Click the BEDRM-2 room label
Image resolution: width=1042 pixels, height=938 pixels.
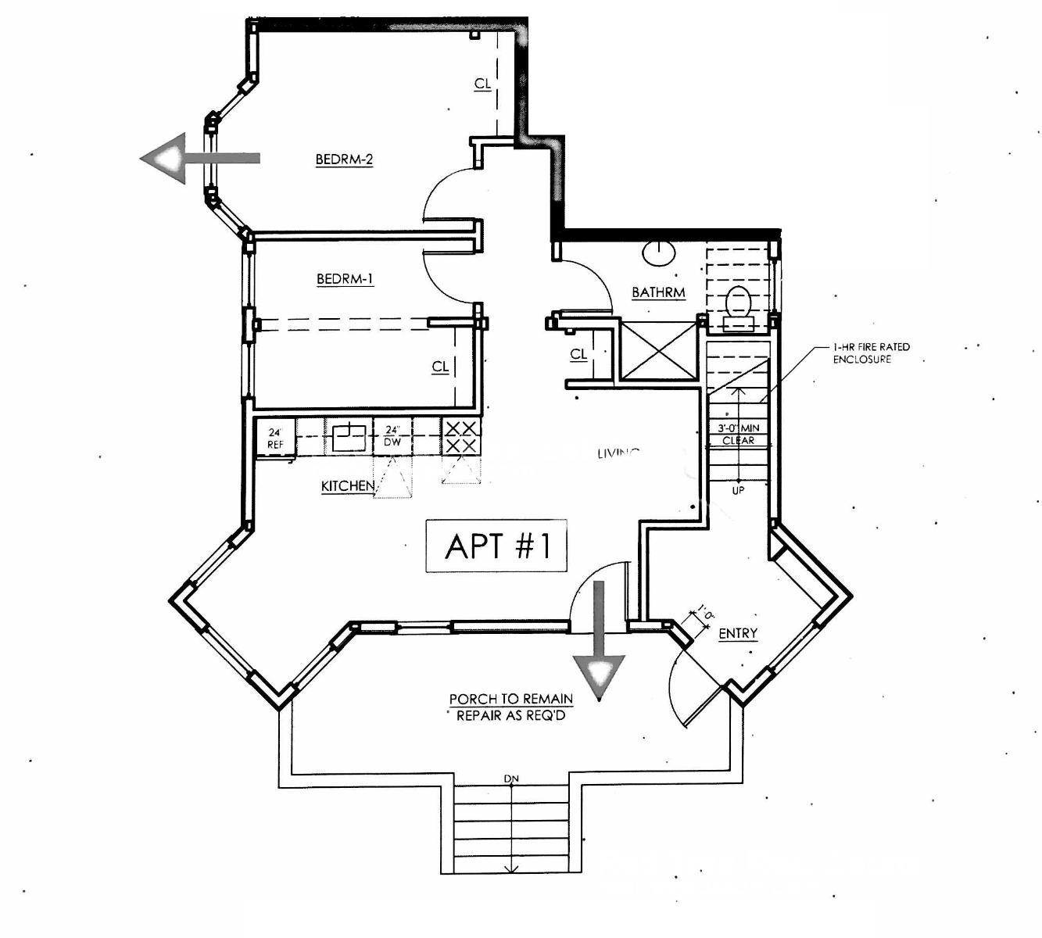point(344,159)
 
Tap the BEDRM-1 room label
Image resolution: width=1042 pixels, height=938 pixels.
point(345,279)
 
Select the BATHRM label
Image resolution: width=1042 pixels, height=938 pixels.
point(658,293)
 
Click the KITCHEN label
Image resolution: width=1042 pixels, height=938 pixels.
point(348,486)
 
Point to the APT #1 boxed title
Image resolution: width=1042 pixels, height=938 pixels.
point(496,546)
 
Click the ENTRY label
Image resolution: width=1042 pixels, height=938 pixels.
point(738,633)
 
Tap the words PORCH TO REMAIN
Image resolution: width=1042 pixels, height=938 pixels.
point(510,699)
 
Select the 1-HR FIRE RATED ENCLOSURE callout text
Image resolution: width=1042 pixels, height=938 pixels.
point(871,353)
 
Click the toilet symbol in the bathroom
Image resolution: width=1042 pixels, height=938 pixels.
point(738,305)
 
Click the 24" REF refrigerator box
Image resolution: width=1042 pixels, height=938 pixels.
point(275,438)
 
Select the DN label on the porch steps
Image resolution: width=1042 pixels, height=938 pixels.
point(512,779)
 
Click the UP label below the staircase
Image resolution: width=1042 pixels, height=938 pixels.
point(738,490)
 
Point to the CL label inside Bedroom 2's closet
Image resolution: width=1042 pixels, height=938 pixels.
point(482,84)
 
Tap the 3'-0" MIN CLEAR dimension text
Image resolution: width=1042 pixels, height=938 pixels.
point(738,435)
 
